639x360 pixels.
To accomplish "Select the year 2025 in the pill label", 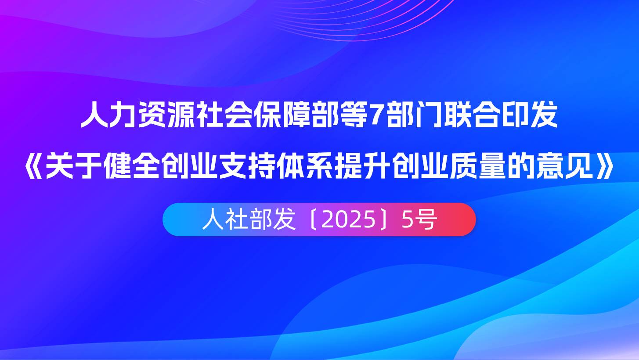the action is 348,220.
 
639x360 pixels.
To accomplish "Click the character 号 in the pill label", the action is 426,220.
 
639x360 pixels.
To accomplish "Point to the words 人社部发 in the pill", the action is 249,220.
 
